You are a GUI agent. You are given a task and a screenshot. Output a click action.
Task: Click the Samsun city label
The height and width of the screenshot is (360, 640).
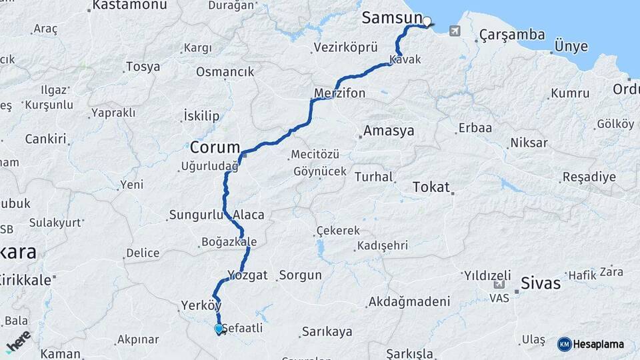[392, 18]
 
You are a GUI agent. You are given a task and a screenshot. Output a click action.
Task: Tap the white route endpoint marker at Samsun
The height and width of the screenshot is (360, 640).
[427, 21]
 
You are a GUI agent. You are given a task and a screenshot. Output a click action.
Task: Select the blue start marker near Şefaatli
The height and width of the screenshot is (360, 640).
[218, 329]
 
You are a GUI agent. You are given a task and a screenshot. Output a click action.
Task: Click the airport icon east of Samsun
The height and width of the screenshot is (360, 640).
[455, 31]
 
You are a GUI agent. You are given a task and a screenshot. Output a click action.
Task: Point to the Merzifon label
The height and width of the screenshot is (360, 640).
[340, 93]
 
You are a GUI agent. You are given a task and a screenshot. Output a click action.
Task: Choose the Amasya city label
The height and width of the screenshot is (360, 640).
[388, 131]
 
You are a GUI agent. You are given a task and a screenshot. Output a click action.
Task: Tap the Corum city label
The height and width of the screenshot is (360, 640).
[215, 147]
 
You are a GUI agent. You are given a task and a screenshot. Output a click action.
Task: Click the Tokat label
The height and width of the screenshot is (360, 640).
[431, 187]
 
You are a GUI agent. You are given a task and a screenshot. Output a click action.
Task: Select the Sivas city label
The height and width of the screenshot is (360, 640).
[541, 283]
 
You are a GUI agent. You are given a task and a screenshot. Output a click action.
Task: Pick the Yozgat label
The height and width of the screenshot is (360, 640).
[247, 275]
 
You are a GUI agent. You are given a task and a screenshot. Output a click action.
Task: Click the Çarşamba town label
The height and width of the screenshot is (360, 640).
[512, 35]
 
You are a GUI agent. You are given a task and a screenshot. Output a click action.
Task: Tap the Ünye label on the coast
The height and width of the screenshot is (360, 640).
[571, 47]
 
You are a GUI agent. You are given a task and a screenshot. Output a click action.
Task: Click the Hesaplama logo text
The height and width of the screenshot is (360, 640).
[598, 344]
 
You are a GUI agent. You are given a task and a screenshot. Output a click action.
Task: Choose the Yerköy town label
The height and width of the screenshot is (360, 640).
[201, 306]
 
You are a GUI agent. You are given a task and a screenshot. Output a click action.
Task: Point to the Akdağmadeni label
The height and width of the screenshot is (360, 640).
[409, 302]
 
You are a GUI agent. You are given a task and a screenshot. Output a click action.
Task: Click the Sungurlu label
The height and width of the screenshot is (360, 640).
[199, 215]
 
